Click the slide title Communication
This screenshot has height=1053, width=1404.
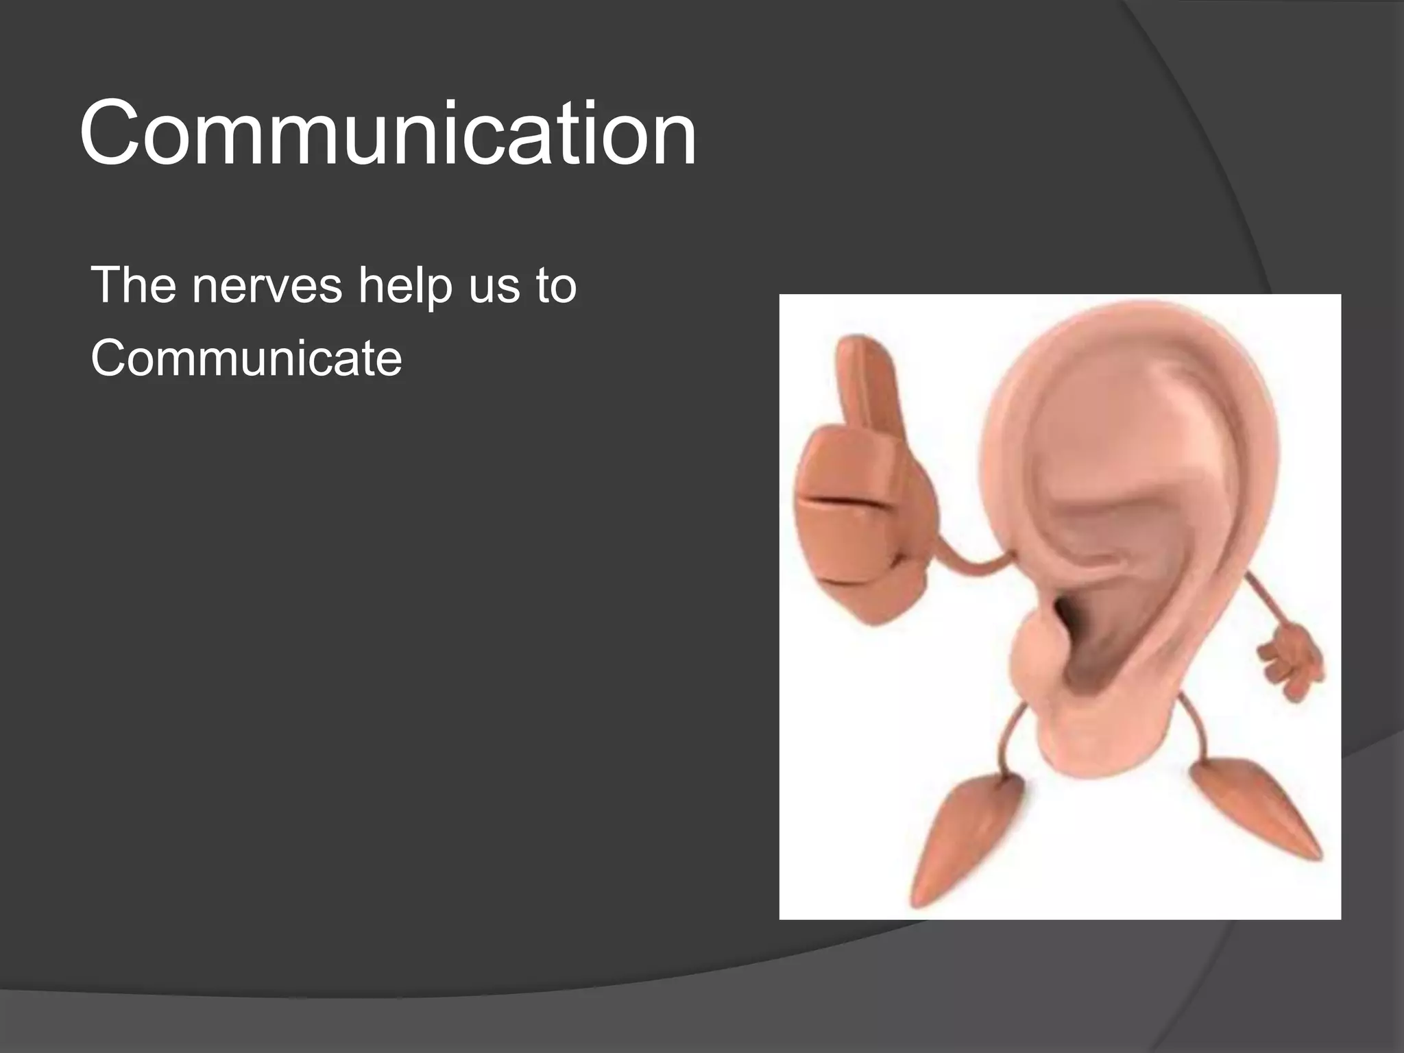(x=388, y=133)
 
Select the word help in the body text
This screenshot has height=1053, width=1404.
(x=405, y=287)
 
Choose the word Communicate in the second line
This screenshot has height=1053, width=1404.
(x=246, y=359)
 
